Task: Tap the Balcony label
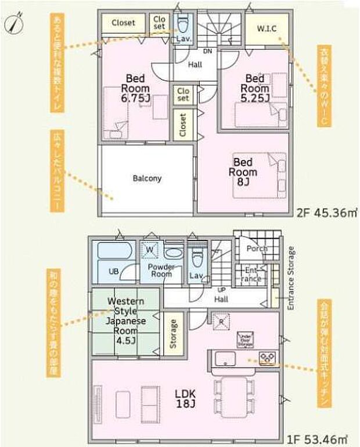coord(147,178)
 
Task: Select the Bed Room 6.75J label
coord(135,88)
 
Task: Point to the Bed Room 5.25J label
coord(256,88)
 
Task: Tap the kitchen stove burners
coord(267,357)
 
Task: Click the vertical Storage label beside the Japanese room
coord(173,334)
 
